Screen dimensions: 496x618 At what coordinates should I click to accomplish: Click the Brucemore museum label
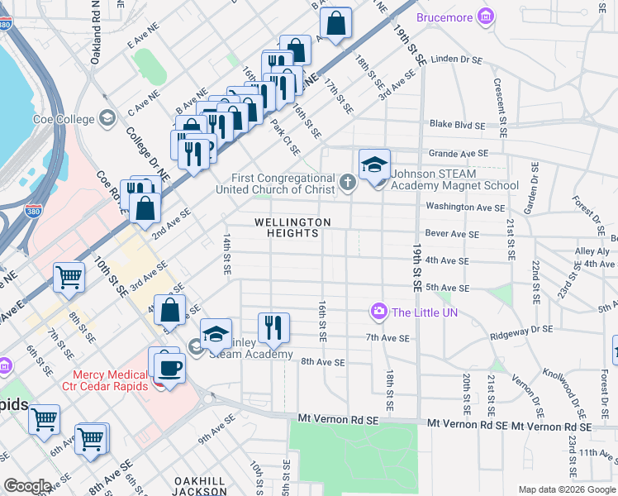tap(444, 17)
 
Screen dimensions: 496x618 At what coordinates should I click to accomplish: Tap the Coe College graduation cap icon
tap(107, 119)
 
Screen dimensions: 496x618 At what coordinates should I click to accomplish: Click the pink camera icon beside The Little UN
tap(379, 312)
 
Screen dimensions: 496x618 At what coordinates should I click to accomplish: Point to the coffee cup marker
tap(169, 368)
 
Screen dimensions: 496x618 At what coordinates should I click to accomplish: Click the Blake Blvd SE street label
tap(456, 125)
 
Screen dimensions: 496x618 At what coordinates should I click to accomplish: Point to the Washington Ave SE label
tap(463, 207)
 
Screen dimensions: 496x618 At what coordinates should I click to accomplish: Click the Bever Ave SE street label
tap(452, 234)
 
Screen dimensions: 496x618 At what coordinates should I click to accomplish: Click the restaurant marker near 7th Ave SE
tap(273, 327)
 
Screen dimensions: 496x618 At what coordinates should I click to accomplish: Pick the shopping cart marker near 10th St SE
tap(69, 278)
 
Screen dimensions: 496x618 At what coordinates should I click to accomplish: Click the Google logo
tap(27, 486)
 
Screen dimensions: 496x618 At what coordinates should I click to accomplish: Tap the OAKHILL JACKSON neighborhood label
tap(200, 486)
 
